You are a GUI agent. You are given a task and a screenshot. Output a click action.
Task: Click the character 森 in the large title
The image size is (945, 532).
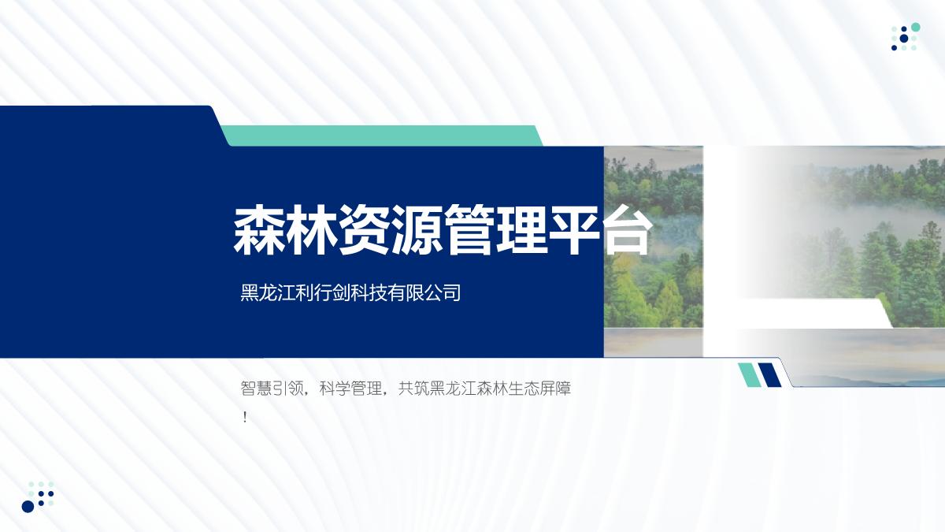pyautogui.click(x=259, y=230)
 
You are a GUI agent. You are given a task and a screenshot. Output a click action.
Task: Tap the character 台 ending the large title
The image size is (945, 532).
pyautogui.click(x=627, y=230)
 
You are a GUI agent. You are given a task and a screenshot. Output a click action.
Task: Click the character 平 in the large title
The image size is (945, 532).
pyautogui.click(x=575, y=230)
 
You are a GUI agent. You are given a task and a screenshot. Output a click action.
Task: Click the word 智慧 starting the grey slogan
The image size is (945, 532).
pyautogui.click(x=256, y=388)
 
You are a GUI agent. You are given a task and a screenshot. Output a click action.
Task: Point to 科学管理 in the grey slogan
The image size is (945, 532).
pyautogui.click(x=350, y=388)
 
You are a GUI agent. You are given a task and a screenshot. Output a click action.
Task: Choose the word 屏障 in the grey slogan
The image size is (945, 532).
pyautogui.click(x=555, y=388)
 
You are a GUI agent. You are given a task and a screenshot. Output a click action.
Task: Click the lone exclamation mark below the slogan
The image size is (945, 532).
pyautogui.click(x=245, y=418)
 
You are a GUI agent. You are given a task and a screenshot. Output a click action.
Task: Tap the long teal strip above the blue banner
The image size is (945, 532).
pyautogui.click(x=381, y=136)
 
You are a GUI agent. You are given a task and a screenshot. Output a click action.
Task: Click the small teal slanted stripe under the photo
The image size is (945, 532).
pyautogui.click(x=749, y=374)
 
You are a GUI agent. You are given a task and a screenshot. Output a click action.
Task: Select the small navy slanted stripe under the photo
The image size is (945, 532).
pyautogui.click(x=769, y=374)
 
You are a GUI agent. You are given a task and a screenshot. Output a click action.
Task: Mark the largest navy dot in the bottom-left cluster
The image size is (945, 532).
pyautogui.click(x=28, y=506)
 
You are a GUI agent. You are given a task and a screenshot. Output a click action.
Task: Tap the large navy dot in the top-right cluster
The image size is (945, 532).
pyautogui.click(x=904, y=39)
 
